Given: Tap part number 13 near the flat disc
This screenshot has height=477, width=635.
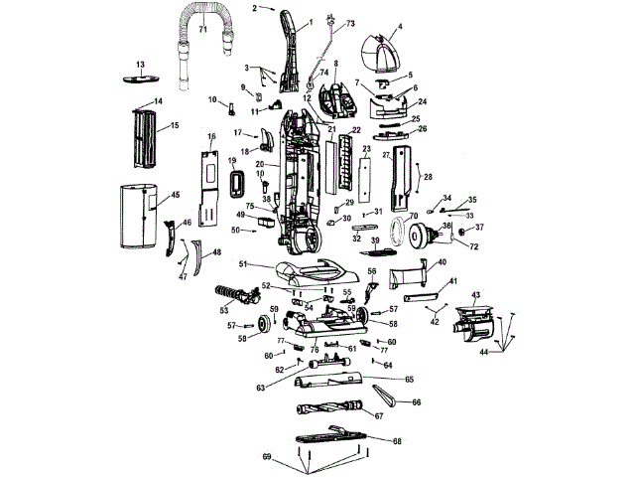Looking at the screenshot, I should click(140, 64).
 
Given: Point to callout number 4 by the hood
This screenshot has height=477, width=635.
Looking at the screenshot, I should click(399, 28).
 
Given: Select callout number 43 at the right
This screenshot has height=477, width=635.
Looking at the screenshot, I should click(475, 296).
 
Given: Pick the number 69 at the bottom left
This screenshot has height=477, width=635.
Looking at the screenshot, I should click(265, 455).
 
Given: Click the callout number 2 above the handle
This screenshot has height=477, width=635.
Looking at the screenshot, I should click(255, 8).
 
